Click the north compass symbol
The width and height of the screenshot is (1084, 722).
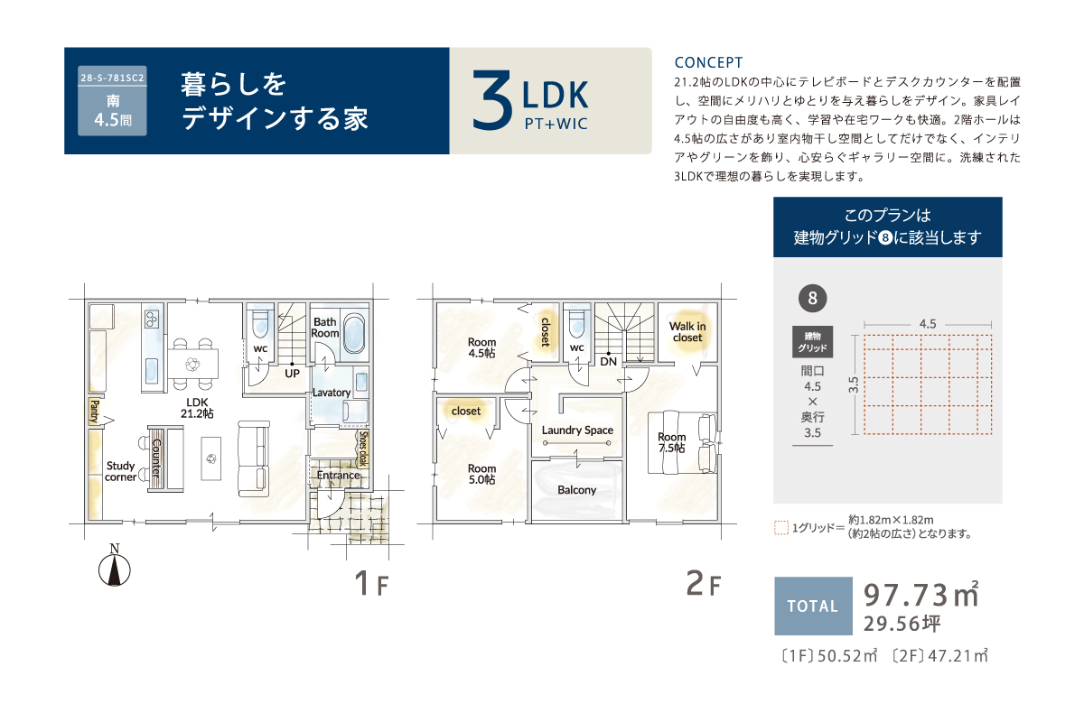point(114,566)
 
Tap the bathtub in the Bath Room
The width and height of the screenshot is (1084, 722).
point(355,334)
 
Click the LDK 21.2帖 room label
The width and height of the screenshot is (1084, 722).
point(197,408)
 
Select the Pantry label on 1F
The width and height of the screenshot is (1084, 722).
point(95,412)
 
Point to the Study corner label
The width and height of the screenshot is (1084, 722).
point(120,471)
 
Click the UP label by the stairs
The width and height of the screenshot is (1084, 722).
point(292,374)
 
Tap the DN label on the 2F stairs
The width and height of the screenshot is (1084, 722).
point(608,361)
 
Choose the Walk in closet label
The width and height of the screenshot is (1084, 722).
point(687,332)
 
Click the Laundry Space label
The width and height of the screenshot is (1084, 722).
point(577,430)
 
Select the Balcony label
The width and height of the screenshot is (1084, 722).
point(577,490)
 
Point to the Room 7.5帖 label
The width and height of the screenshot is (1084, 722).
point(672,442)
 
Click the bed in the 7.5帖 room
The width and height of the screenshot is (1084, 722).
point(682,442)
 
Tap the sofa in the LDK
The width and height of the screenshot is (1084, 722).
point(254,459)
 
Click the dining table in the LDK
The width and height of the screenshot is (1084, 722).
point(192,364)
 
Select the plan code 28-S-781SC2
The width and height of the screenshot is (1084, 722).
point(112,78)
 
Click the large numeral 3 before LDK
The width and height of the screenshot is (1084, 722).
point(492,99)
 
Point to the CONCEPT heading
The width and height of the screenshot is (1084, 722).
point(708,62)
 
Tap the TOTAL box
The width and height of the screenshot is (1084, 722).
point(813,606)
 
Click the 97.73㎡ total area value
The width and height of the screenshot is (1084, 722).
point(920,595)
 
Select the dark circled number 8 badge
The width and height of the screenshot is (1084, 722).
point(812,299)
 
